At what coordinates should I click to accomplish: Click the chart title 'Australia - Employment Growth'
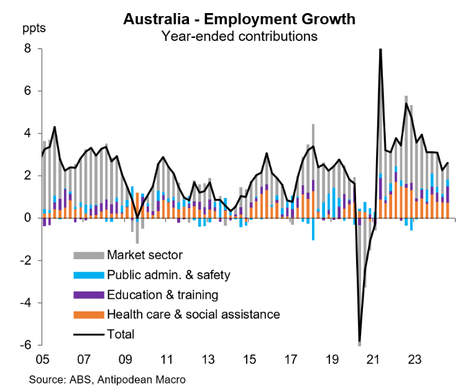[x=239, y=19]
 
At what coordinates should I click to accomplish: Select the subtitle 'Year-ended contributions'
[x=239, y=36]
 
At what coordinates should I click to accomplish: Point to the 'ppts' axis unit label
[x=34, y=29]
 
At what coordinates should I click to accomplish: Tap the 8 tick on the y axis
[x=27, y=48]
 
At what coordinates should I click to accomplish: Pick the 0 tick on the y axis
[x=27, y=218]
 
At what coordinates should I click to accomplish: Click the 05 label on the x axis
[x=42, y=359]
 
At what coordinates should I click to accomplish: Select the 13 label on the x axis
[x=208, y=359]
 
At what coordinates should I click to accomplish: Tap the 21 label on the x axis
[x=373, y=359]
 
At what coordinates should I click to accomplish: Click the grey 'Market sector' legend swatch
[x=88, y=254]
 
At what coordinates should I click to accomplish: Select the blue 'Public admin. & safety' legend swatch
[x=88, y=274]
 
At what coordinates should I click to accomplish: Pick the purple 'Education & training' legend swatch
[x=88, y=294]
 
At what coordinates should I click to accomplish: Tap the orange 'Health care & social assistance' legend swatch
[x=88, y=314]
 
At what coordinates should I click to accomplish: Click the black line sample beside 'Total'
[x=88, y=334]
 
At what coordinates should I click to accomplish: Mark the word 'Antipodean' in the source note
[x=133, y=378]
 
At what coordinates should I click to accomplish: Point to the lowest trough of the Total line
[x=359, y=341]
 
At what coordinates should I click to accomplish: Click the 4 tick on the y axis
[x=27, y=134]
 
